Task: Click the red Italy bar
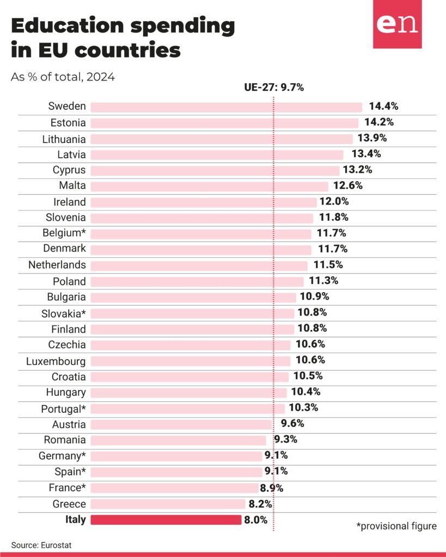(166, 519)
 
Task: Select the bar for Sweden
(226, 107)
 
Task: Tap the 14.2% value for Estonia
(379, 122)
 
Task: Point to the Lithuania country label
(64, 139)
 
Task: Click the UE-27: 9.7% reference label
(274, 88)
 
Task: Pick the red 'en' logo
(398, 24)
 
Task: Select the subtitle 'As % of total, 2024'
(63, 77)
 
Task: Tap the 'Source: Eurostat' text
(41, 545)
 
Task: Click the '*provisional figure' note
(396, 526)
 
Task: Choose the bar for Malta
(210, 187)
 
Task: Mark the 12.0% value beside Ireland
(334, 201)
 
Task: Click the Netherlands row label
(57, 265)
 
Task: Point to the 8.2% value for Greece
(260, 504)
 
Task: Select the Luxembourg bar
(191, 361)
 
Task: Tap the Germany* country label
(62, 456)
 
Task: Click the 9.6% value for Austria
(292, 423)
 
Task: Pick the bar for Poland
(197, 282)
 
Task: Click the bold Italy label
(75, 519)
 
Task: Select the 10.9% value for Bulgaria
(314, 296)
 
